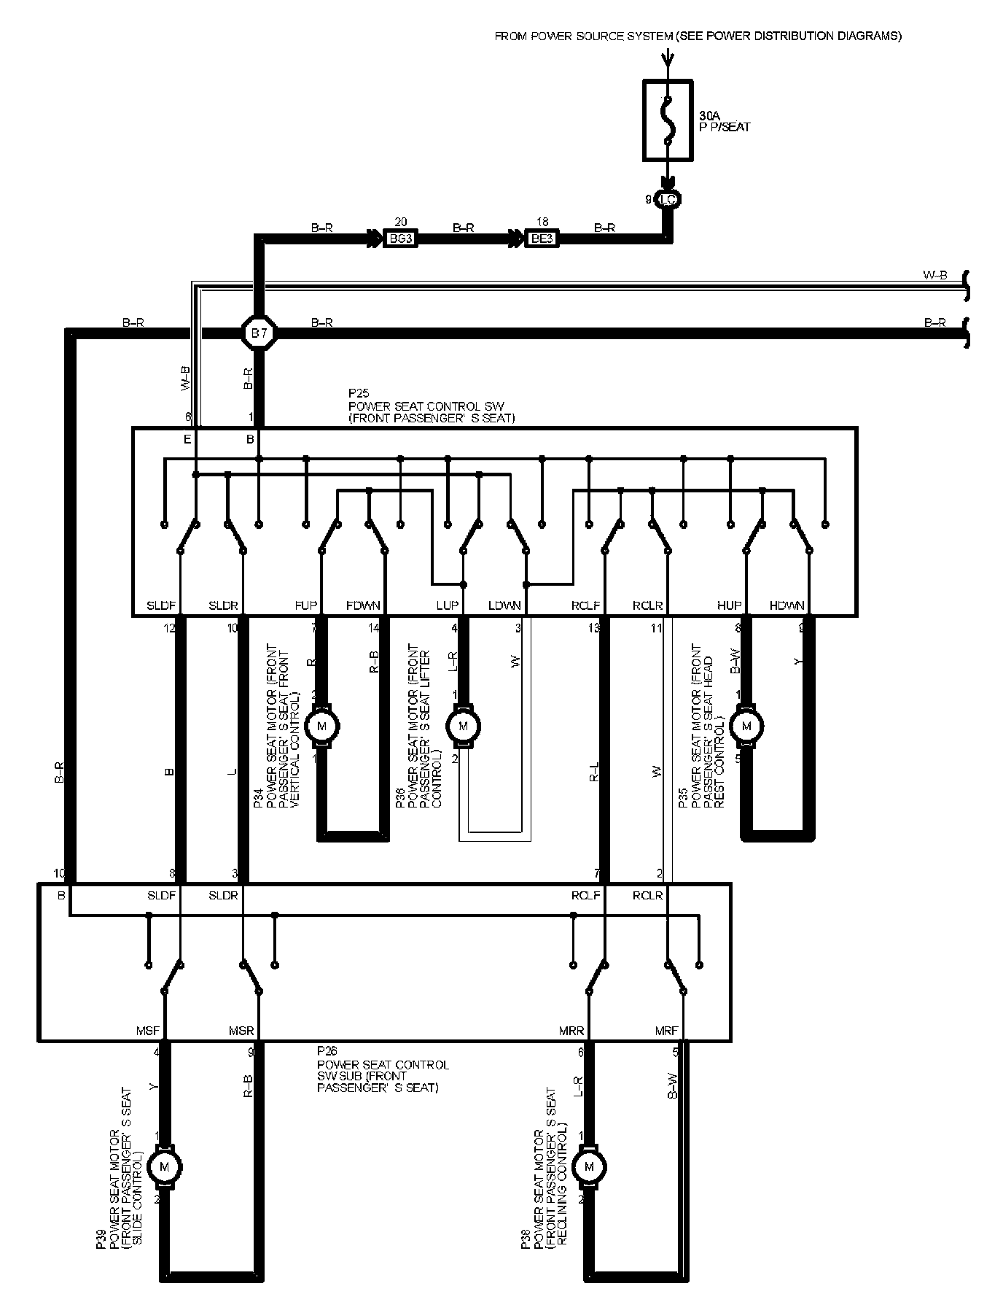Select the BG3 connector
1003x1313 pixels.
point(400,238)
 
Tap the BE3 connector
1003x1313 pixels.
point(542,238)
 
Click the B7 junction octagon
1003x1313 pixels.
point(259,334)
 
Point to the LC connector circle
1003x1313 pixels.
point(668,199)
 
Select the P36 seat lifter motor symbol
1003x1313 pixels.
point(462,726)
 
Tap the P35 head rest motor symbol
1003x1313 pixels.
point(746,726)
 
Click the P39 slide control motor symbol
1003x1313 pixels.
point(164,1167)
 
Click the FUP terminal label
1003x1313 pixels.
point(306,605)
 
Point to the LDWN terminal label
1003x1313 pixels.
point(504,605)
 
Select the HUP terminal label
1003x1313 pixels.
point(730,605)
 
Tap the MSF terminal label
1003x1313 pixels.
point(148,1031)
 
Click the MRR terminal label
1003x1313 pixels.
point(571,1031)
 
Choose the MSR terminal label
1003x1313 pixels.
point(241,1031)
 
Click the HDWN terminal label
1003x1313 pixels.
point(787,605)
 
